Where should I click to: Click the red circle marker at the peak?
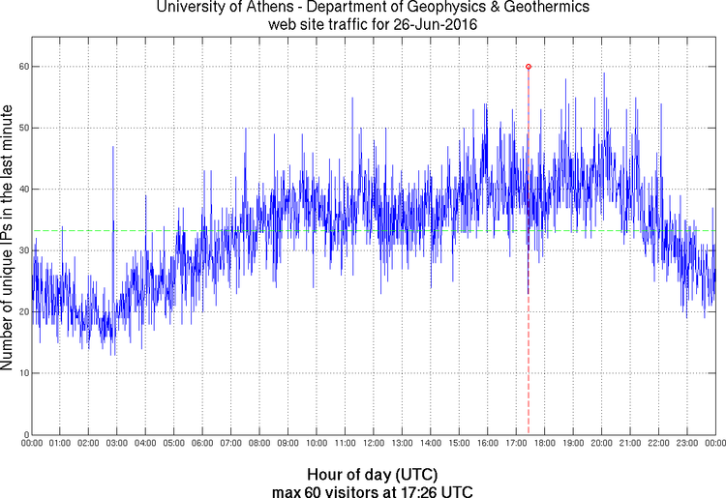(529, 67)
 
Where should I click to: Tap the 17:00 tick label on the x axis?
(515, 444)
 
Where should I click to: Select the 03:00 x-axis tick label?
(116, 444)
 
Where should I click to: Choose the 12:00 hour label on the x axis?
(373, 444)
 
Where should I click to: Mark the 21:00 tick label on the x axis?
(629, 444)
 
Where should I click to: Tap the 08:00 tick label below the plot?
(259, 444)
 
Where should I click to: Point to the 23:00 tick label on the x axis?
(686, 444)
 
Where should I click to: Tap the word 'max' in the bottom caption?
(287, 492)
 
